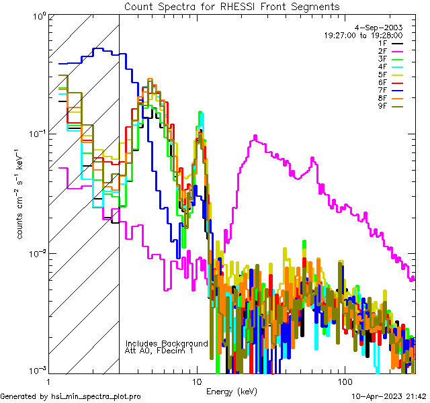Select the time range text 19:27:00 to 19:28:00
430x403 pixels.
click(x=363, y=35)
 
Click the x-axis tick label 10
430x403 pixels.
click(x=196, y=381)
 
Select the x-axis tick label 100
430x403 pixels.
click(x=344, y=381)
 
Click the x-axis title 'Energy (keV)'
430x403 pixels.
click(x=232, y=391)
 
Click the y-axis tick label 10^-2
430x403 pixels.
click(x=36, y=253)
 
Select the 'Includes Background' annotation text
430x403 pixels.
click(x=167, y=343)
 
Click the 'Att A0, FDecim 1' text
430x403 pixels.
click(x=159, y=351)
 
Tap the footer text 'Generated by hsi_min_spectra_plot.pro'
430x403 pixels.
click(x=71, y=397)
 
